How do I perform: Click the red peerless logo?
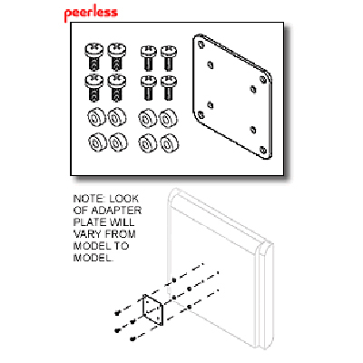91,14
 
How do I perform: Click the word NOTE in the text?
88,199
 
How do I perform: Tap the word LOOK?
124,199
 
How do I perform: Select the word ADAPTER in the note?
116,211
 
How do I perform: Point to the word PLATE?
89,222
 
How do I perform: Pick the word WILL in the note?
122,222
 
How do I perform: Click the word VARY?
88,234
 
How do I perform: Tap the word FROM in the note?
120,234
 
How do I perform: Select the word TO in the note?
122,246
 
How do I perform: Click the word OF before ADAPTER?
81,211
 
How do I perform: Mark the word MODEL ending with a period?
93,258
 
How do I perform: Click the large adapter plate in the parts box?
232,96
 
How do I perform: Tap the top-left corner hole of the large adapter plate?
201,44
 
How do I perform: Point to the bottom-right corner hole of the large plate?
263,150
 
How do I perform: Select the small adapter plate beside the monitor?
152,310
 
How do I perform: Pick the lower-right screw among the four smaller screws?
169,88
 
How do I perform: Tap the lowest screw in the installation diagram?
132,339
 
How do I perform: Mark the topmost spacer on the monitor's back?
174,280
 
